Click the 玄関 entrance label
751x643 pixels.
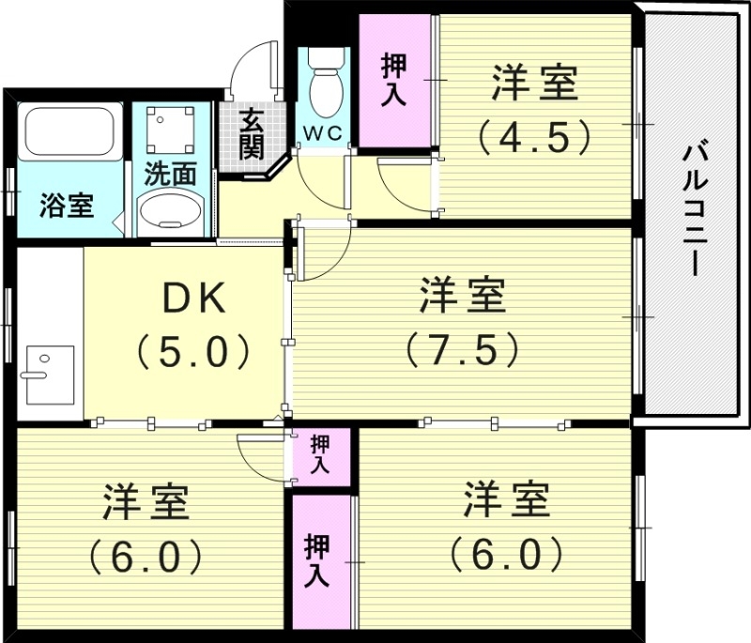(250, 133)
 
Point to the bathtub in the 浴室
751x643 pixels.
(70, 132)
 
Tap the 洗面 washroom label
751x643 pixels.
(170, 174)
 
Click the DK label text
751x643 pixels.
(193, 299)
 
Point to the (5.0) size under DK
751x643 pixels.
(193, 352)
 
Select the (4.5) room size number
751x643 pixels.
(533, 136)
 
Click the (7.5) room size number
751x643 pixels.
(462, 349)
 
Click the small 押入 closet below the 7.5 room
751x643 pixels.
(321, 454)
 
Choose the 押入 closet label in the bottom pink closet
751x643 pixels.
(316, 560)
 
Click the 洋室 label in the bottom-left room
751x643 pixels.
(146, 503)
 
